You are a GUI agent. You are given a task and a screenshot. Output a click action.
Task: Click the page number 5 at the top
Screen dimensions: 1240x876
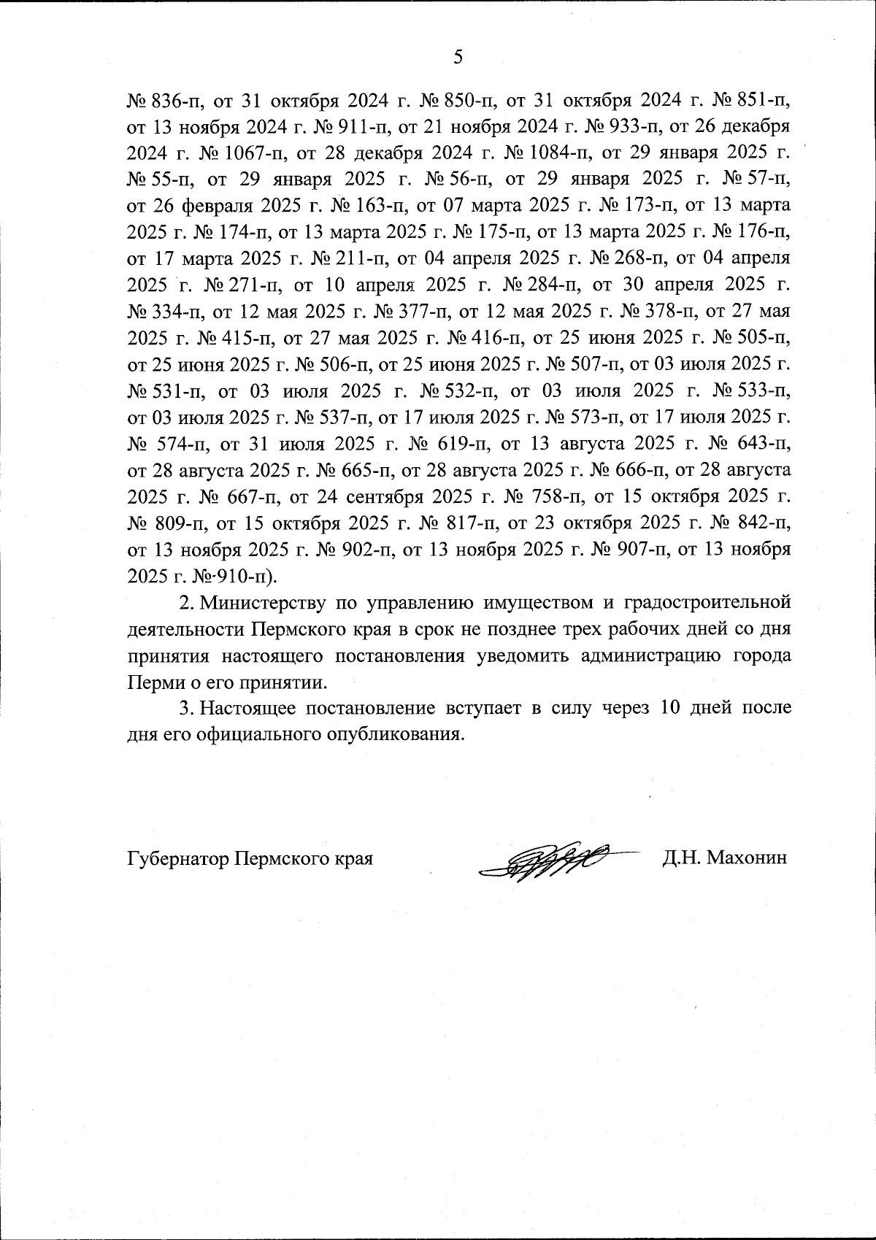[458, 57]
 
